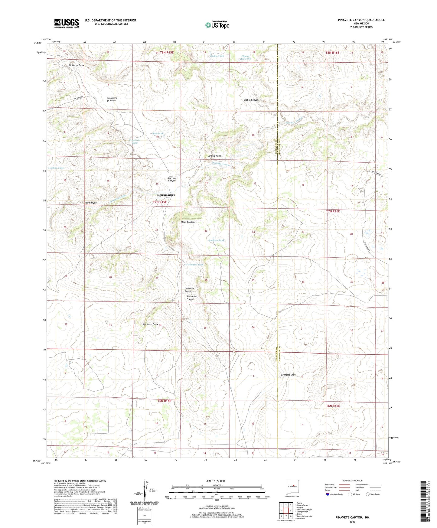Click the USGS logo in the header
(x=67, y=23)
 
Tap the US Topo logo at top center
(x=217, y=25)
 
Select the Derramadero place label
(x=166, y=195)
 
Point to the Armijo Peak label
(x=214, y=156)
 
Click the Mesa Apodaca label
(x=188, y=222)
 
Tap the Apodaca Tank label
(x=216, y=240)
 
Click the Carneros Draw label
(x=150, y=324)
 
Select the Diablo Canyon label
(x=251, y=100)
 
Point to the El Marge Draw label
(x=76, y=65)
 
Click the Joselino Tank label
(x=56, y=168)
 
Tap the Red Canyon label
(x=90, y=203)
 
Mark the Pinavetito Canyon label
(x=192, y=298)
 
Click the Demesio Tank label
(x=195, y=265)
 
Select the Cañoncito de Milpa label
(x=112, y=99)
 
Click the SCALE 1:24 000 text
(x=215, y=481)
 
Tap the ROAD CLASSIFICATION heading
(x=352, y=481)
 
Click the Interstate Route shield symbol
(x=328, y=494)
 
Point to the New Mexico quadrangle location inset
(x=292, y=487)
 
